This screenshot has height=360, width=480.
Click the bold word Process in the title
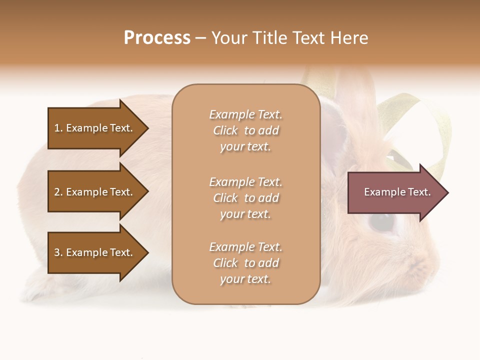(157, 38)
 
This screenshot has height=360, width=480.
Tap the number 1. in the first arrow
(58, 128)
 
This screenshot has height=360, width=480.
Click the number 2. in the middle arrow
(58, 192)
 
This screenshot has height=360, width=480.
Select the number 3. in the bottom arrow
(58, 252)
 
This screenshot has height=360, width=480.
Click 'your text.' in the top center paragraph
(245, 147)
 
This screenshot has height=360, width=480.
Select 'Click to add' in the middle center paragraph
(245, 198)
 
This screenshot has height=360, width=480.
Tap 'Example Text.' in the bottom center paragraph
(245, 247)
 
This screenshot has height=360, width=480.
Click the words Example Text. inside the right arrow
(397, 192)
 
